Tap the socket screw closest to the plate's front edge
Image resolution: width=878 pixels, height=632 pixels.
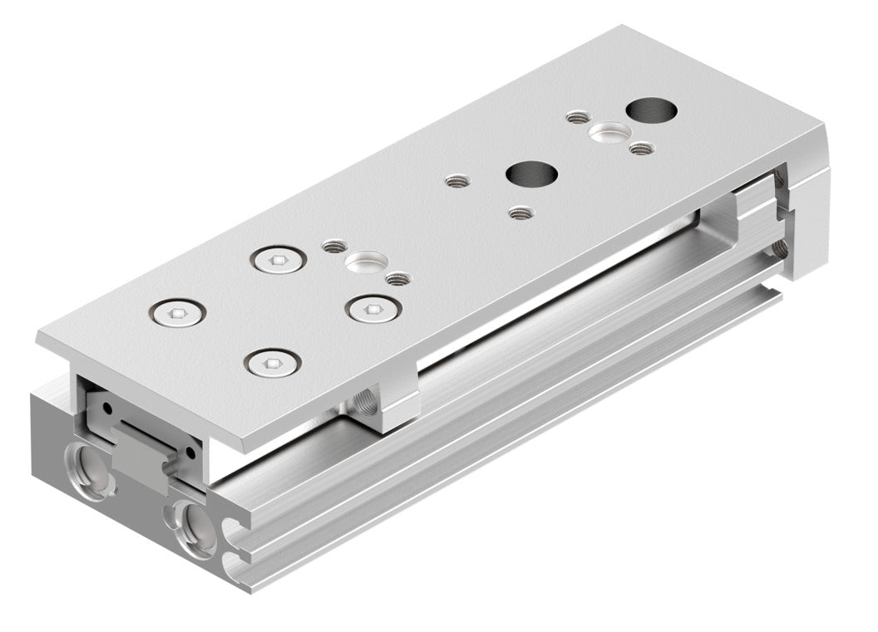tap(272, 363)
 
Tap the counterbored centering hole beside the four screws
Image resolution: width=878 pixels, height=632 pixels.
tap(367, 263)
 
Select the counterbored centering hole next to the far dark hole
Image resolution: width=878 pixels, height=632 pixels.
tap(608, 131)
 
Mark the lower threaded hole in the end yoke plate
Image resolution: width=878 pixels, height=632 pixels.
tap(778, 247)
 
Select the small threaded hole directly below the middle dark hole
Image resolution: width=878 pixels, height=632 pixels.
tap(520, 213)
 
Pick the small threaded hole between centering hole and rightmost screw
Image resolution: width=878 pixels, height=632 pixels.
tap(398, 279)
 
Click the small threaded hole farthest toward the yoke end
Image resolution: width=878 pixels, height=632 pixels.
tap(639, 149)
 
